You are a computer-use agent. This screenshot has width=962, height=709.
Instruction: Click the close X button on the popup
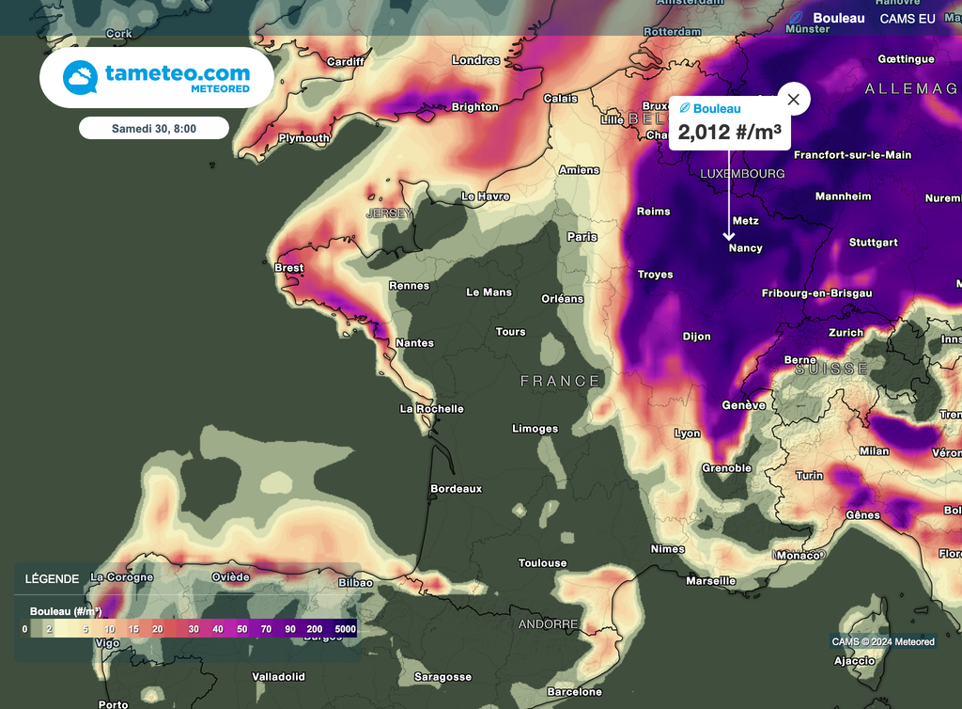[x=794, y=99]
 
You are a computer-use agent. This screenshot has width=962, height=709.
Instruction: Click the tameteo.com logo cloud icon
[x=81, y=78]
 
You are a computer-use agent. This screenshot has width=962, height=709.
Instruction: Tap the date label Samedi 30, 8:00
[x=154, y=128]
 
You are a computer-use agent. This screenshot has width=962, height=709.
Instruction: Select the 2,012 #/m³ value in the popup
[x=730, y=132]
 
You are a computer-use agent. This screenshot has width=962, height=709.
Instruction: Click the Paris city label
[x=582, y=237]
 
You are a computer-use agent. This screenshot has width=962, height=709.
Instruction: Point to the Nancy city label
[x=745, y=248]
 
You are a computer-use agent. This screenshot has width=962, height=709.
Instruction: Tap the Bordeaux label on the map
[x=456, y=489]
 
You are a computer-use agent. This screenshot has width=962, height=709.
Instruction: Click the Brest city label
[x=288, y=268]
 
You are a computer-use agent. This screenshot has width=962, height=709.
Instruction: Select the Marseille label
[x=711, y=581]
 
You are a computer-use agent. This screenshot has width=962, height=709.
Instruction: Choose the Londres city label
[x=476, y=60]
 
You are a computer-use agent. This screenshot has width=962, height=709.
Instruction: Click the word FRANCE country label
[x=560, y=381]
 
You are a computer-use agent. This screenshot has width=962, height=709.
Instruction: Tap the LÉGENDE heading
[x=52, y=578]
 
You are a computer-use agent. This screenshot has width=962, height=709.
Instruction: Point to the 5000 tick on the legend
[x=345, y=628]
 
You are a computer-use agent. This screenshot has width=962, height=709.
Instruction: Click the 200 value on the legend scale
[x=314, y=628]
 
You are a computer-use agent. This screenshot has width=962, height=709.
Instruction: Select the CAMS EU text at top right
[x=908, y=19]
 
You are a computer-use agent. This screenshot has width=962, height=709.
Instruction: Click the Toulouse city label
[x=543, y=563]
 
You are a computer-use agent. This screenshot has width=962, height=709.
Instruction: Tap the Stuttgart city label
[x=873, y=243]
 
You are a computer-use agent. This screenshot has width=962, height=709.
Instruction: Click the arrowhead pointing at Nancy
[x=729, y=236]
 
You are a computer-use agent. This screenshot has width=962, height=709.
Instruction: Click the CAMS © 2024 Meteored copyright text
[x=883, y=642]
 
